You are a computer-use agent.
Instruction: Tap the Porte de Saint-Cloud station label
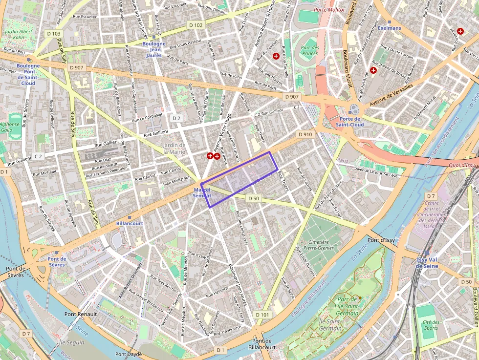tap(350, 122)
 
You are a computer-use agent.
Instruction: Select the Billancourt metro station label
tap(130, 223)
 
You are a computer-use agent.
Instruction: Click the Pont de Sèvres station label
tap(57, 261)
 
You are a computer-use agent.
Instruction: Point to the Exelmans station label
tap(389, 28)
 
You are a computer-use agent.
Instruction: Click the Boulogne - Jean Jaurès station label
tap(154, 49)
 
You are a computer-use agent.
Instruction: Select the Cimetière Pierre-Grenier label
tap(318, 245)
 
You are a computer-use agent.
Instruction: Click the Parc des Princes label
tap(310, 50)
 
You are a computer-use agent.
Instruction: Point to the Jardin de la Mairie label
tap(174, 148)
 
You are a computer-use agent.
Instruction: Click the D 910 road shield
tap(305, 134)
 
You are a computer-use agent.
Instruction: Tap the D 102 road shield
tap(196, 25)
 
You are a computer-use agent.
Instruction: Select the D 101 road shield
tap(262, 315)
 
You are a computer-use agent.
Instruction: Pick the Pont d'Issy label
tap(381, 240)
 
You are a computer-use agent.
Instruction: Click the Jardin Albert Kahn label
tap(18, 34)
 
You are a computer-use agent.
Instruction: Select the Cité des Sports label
tap(431, 325)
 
